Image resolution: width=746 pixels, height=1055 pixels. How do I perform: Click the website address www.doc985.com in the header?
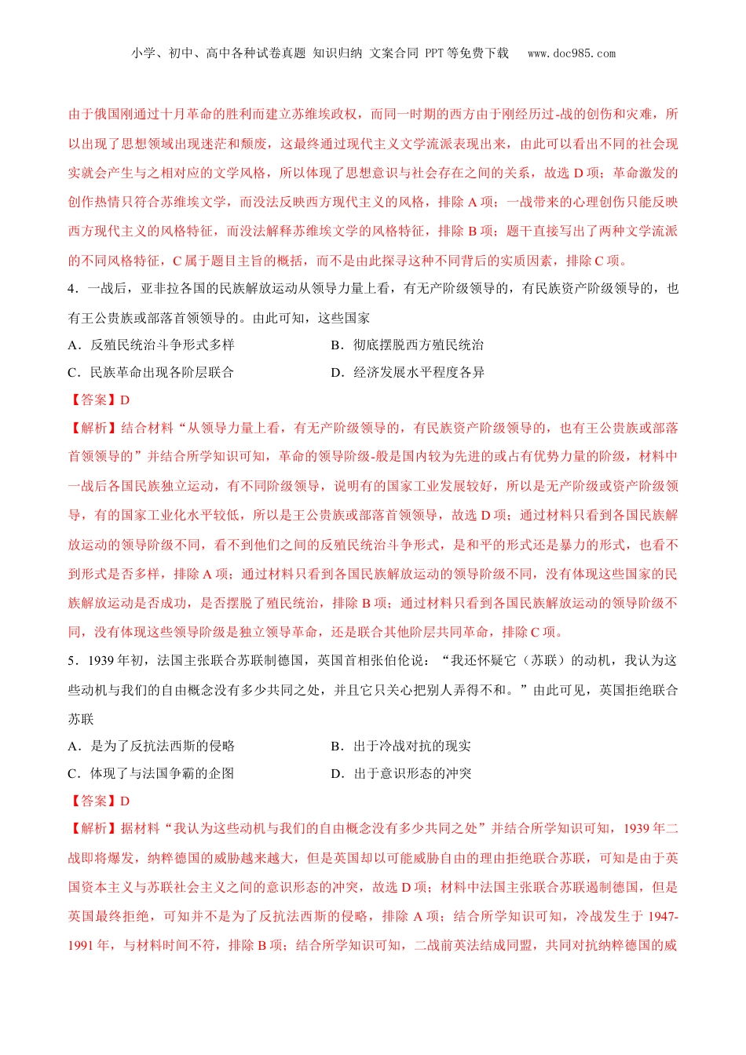[x=572, y=53]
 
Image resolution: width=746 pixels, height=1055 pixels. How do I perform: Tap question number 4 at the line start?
[x=72, y=289]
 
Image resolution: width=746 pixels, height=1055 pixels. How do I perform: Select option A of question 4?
[x=152, y=345]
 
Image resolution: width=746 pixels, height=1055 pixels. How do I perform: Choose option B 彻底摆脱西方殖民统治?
[x=408, y=345]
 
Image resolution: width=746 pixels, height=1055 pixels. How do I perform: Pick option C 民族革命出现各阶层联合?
[x=152, y=372]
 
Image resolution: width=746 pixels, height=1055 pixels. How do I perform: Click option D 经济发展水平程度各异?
[x=408, y=372]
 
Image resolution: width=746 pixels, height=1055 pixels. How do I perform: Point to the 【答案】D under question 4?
[x=100, y=400]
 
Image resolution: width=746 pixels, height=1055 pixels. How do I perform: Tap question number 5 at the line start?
[x=72, y=661]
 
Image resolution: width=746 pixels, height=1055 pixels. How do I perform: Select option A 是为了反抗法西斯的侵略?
[x=152, y=746]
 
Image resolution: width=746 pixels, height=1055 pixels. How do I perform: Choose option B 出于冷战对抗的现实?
[x=401, y=746]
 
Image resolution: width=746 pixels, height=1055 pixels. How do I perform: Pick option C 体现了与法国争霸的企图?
[x=152, y=773]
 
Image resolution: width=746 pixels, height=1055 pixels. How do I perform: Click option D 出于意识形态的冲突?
[x=401, y=773]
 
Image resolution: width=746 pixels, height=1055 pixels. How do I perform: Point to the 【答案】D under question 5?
[x=100, y=801]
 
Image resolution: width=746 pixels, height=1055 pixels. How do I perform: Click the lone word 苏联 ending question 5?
[x=81, y=719]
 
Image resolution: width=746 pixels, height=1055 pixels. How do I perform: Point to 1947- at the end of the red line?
[x=664, y=916]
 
